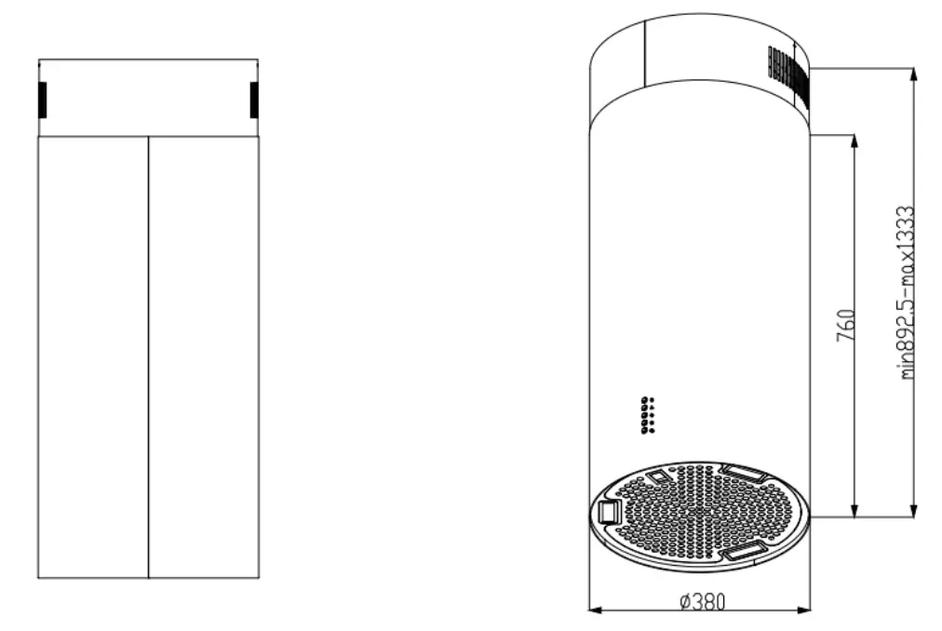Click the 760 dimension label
(x=845, y=326)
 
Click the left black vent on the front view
(x=42, y=101)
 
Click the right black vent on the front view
(x=254, y=101)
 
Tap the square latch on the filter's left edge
(x=611, y=511)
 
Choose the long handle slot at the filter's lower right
(x=745, y=552)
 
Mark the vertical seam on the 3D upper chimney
(x=645, y=51)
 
